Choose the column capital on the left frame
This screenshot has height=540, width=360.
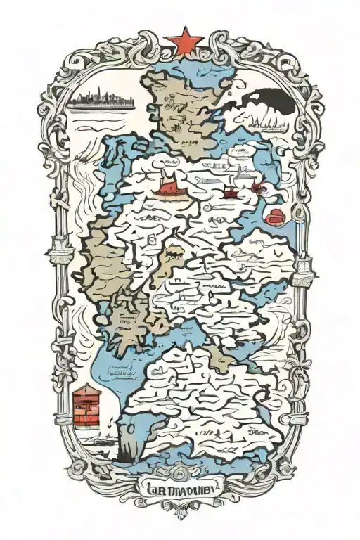click(x=57, y=249)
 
